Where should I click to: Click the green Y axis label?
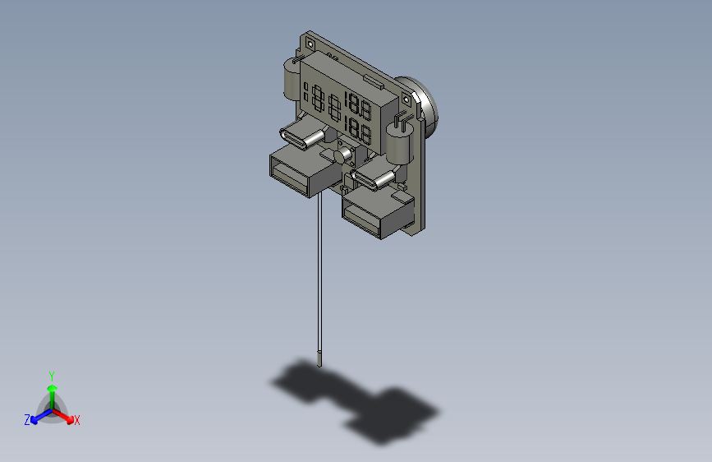[x=51, y=376]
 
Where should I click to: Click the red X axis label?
[x=77, y=420]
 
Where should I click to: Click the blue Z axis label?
[x=27, y=420]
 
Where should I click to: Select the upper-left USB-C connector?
[x=299, y=137]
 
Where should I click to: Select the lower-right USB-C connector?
[x=373, y=179]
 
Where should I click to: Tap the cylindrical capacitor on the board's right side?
[x=399, y=146]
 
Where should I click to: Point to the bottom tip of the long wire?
[x=319, y=360]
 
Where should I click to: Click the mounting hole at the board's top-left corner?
[x=310, y=39]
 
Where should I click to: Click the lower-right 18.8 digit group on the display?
[x=358, y=130]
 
